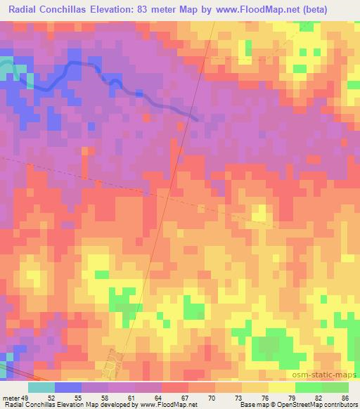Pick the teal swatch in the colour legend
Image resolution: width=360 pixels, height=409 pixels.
[41, 387]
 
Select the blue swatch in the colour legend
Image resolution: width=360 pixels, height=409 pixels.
[67, 387]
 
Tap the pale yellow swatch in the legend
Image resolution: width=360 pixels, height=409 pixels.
[281, 387]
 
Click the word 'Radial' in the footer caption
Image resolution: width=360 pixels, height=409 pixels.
[12, 405]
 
